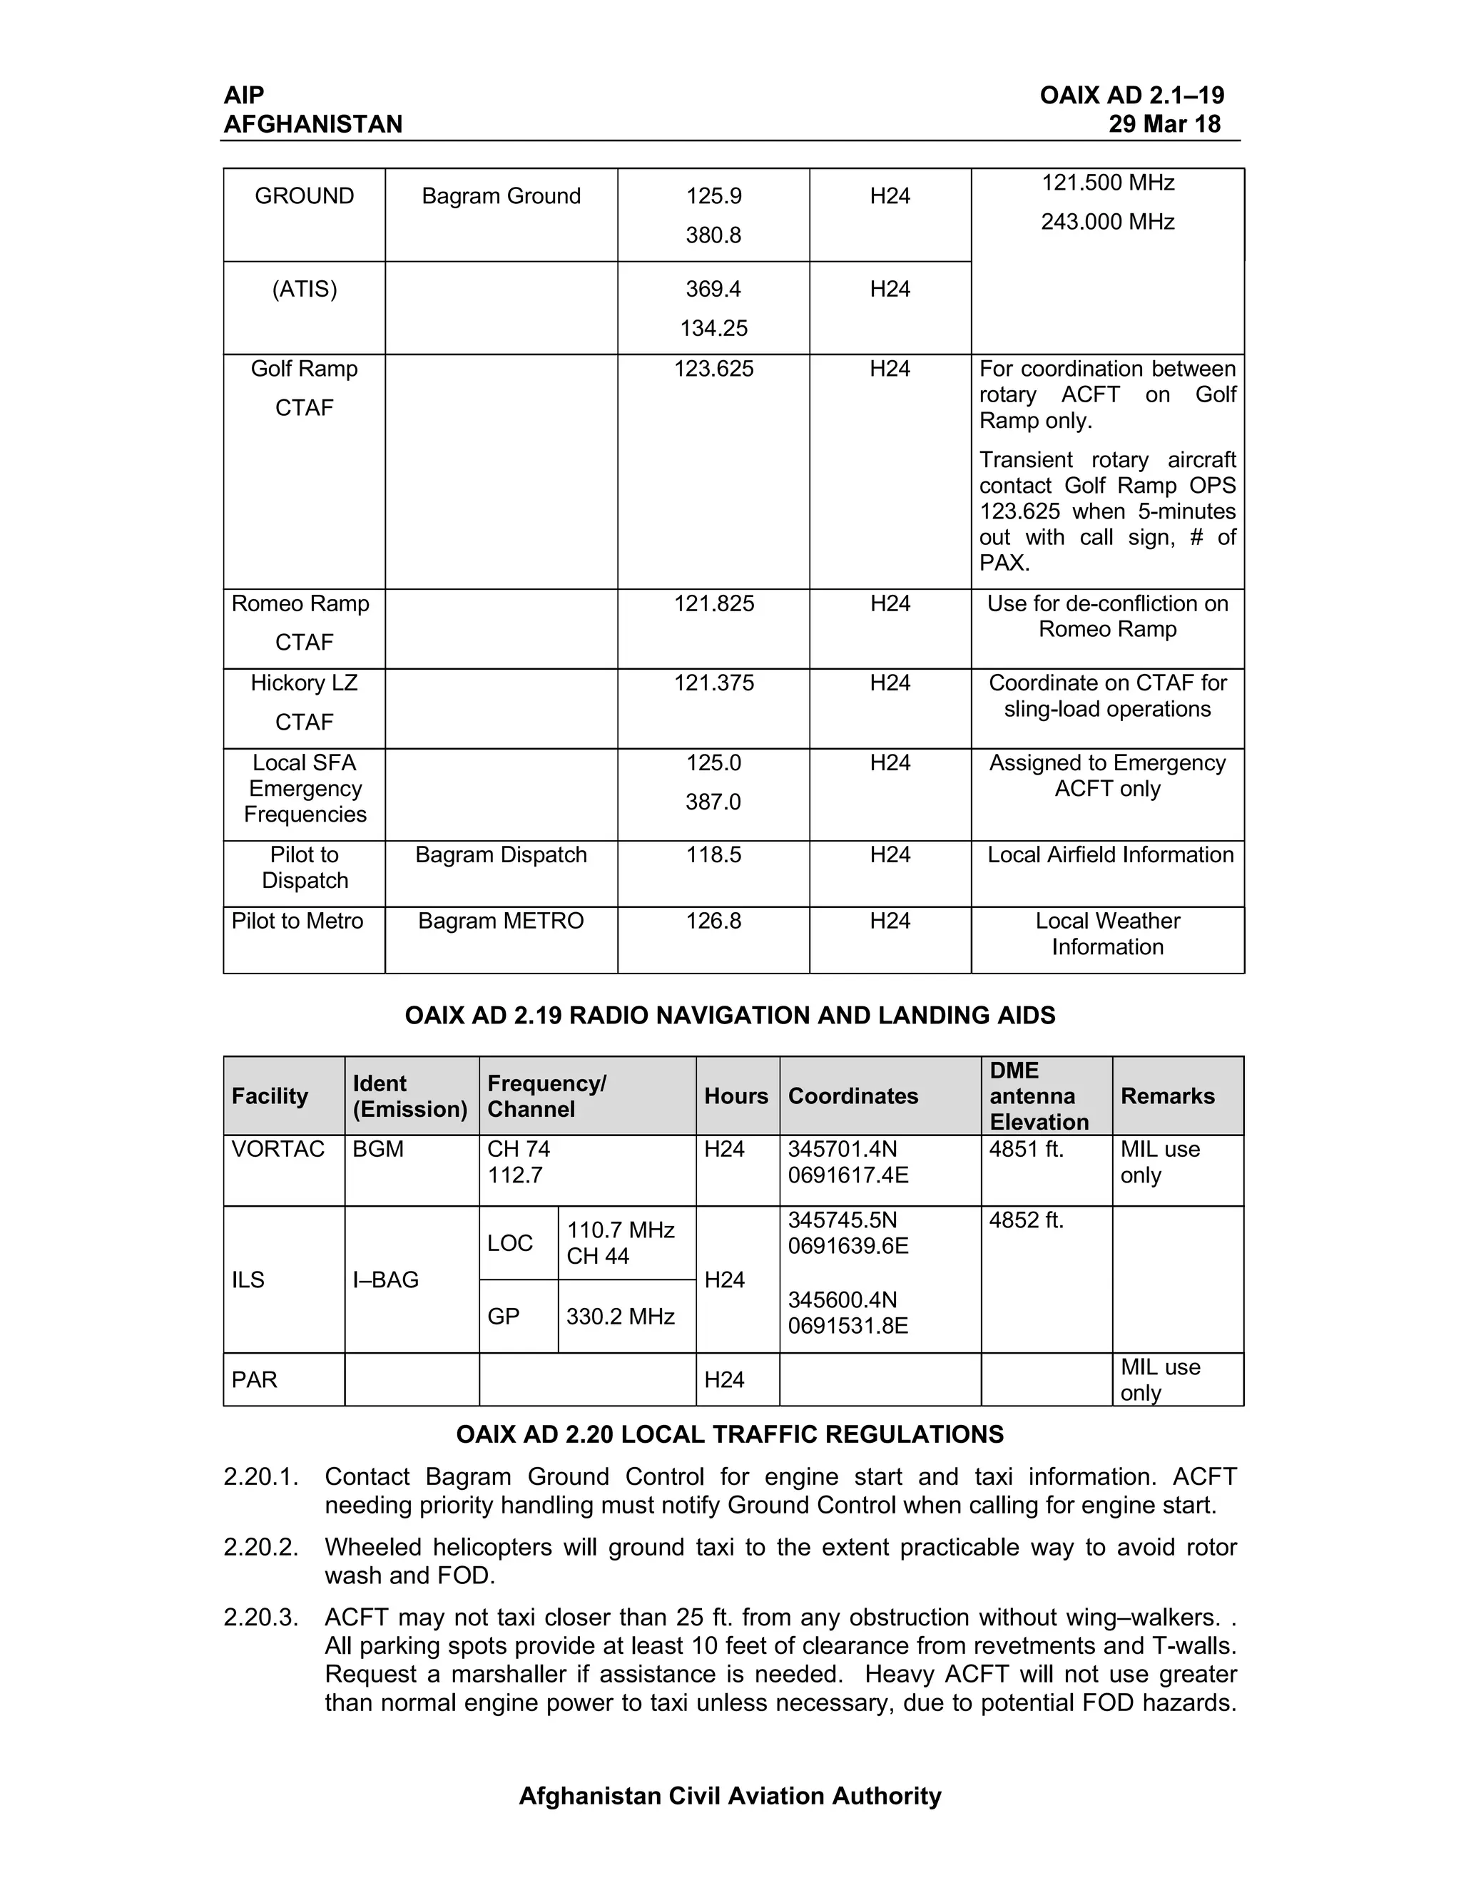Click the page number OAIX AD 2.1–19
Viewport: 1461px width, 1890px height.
tap(1131, 95)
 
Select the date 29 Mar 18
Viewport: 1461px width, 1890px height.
tap(1164, 124)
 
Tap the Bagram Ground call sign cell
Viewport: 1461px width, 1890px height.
tap(501, 196)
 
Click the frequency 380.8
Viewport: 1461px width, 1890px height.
tap(713, 235)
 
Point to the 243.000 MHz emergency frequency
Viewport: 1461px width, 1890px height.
tap(1107, 223)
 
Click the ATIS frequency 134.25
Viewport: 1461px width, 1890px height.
tap(713, 328)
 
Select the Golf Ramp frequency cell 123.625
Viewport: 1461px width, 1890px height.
tap(713, 369)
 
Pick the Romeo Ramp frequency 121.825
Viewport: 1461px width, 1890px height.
tap(713, 603)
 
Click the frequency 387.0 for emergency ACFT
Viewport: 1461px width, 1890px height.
tap(713, 802)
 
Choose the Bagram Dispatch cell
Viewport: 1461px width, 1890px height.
tap(501, 855)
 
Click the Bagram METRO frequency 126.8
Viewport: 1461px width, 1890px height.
tap(713, 921)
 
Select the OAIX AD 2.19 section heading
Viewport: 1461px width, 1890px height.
tap(730, 1015)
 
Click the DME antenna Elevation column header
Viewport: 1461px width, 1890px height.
tap(1039, 1095)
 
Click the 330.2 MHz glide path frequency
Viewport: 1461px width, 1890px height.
tap(620, 1317)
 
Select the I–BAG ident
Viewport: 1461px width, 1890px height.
tap(385, 1280)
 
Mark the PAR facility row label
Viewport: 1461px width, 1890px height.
tap(255, 1379)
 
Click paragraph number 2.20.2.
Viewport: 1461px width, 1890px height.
tap(260, 1548)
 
